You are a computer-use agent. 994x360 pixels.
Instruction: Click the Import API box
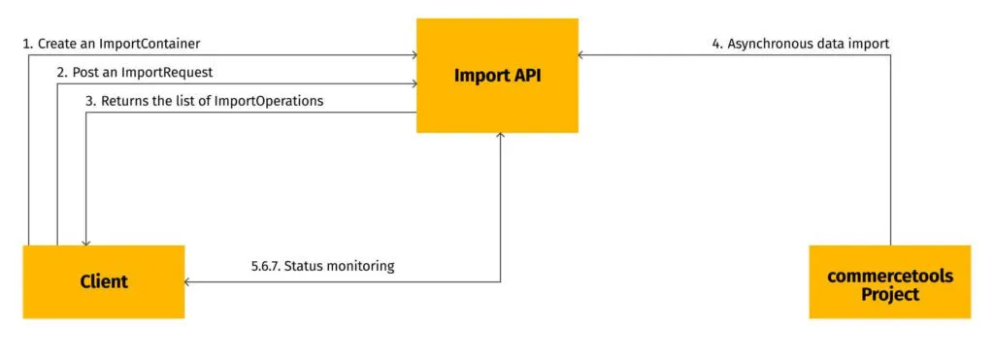[497, 76]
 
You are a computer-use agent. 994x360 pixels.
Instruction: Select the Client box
[103, 281]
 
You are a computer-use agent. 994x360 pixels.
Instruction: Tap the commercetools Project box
[889, 281]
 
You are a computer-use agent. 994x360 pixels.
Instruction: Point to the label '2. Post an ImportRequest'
[134, 73]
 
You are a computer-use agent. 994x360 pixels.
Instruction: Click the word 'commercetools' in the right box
[889, 276]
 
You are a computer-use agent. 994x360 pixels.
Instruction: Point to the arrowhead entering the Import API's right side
[583, 56]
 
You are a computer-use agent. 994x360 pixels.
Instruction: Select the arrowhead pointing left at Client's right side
[189, 282]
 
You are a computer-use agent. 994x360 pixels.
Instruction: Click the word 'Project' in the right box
[889, 293]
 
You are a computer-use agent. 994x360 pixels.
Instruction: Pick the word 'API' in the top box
[525, 76]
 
